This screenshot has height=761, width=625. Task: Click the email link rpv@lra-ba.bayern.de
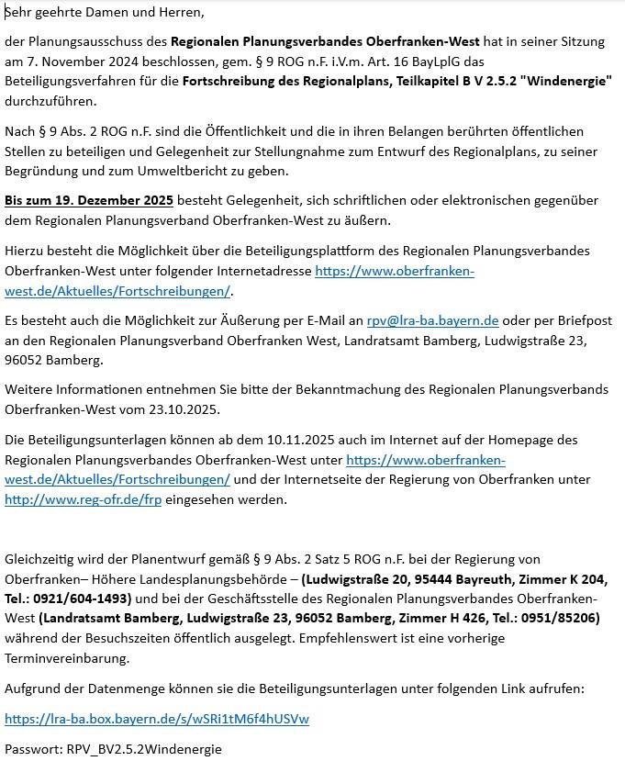[432, 320]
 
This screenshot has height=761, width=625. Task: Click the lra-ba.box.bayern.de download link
[157, 719]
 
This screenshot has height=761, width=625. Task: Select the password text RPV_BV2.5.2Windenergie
[144, 749]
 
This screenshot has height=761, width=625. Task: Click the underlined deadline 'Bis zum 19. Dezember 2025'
[88, 200]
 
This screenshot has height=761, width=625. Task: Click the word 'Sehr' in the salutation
[18, 13]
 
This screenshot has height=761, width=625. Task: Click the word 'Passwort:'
[33, 749]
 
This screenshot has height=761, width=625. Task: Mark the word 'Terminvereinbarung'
[67, 658]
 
